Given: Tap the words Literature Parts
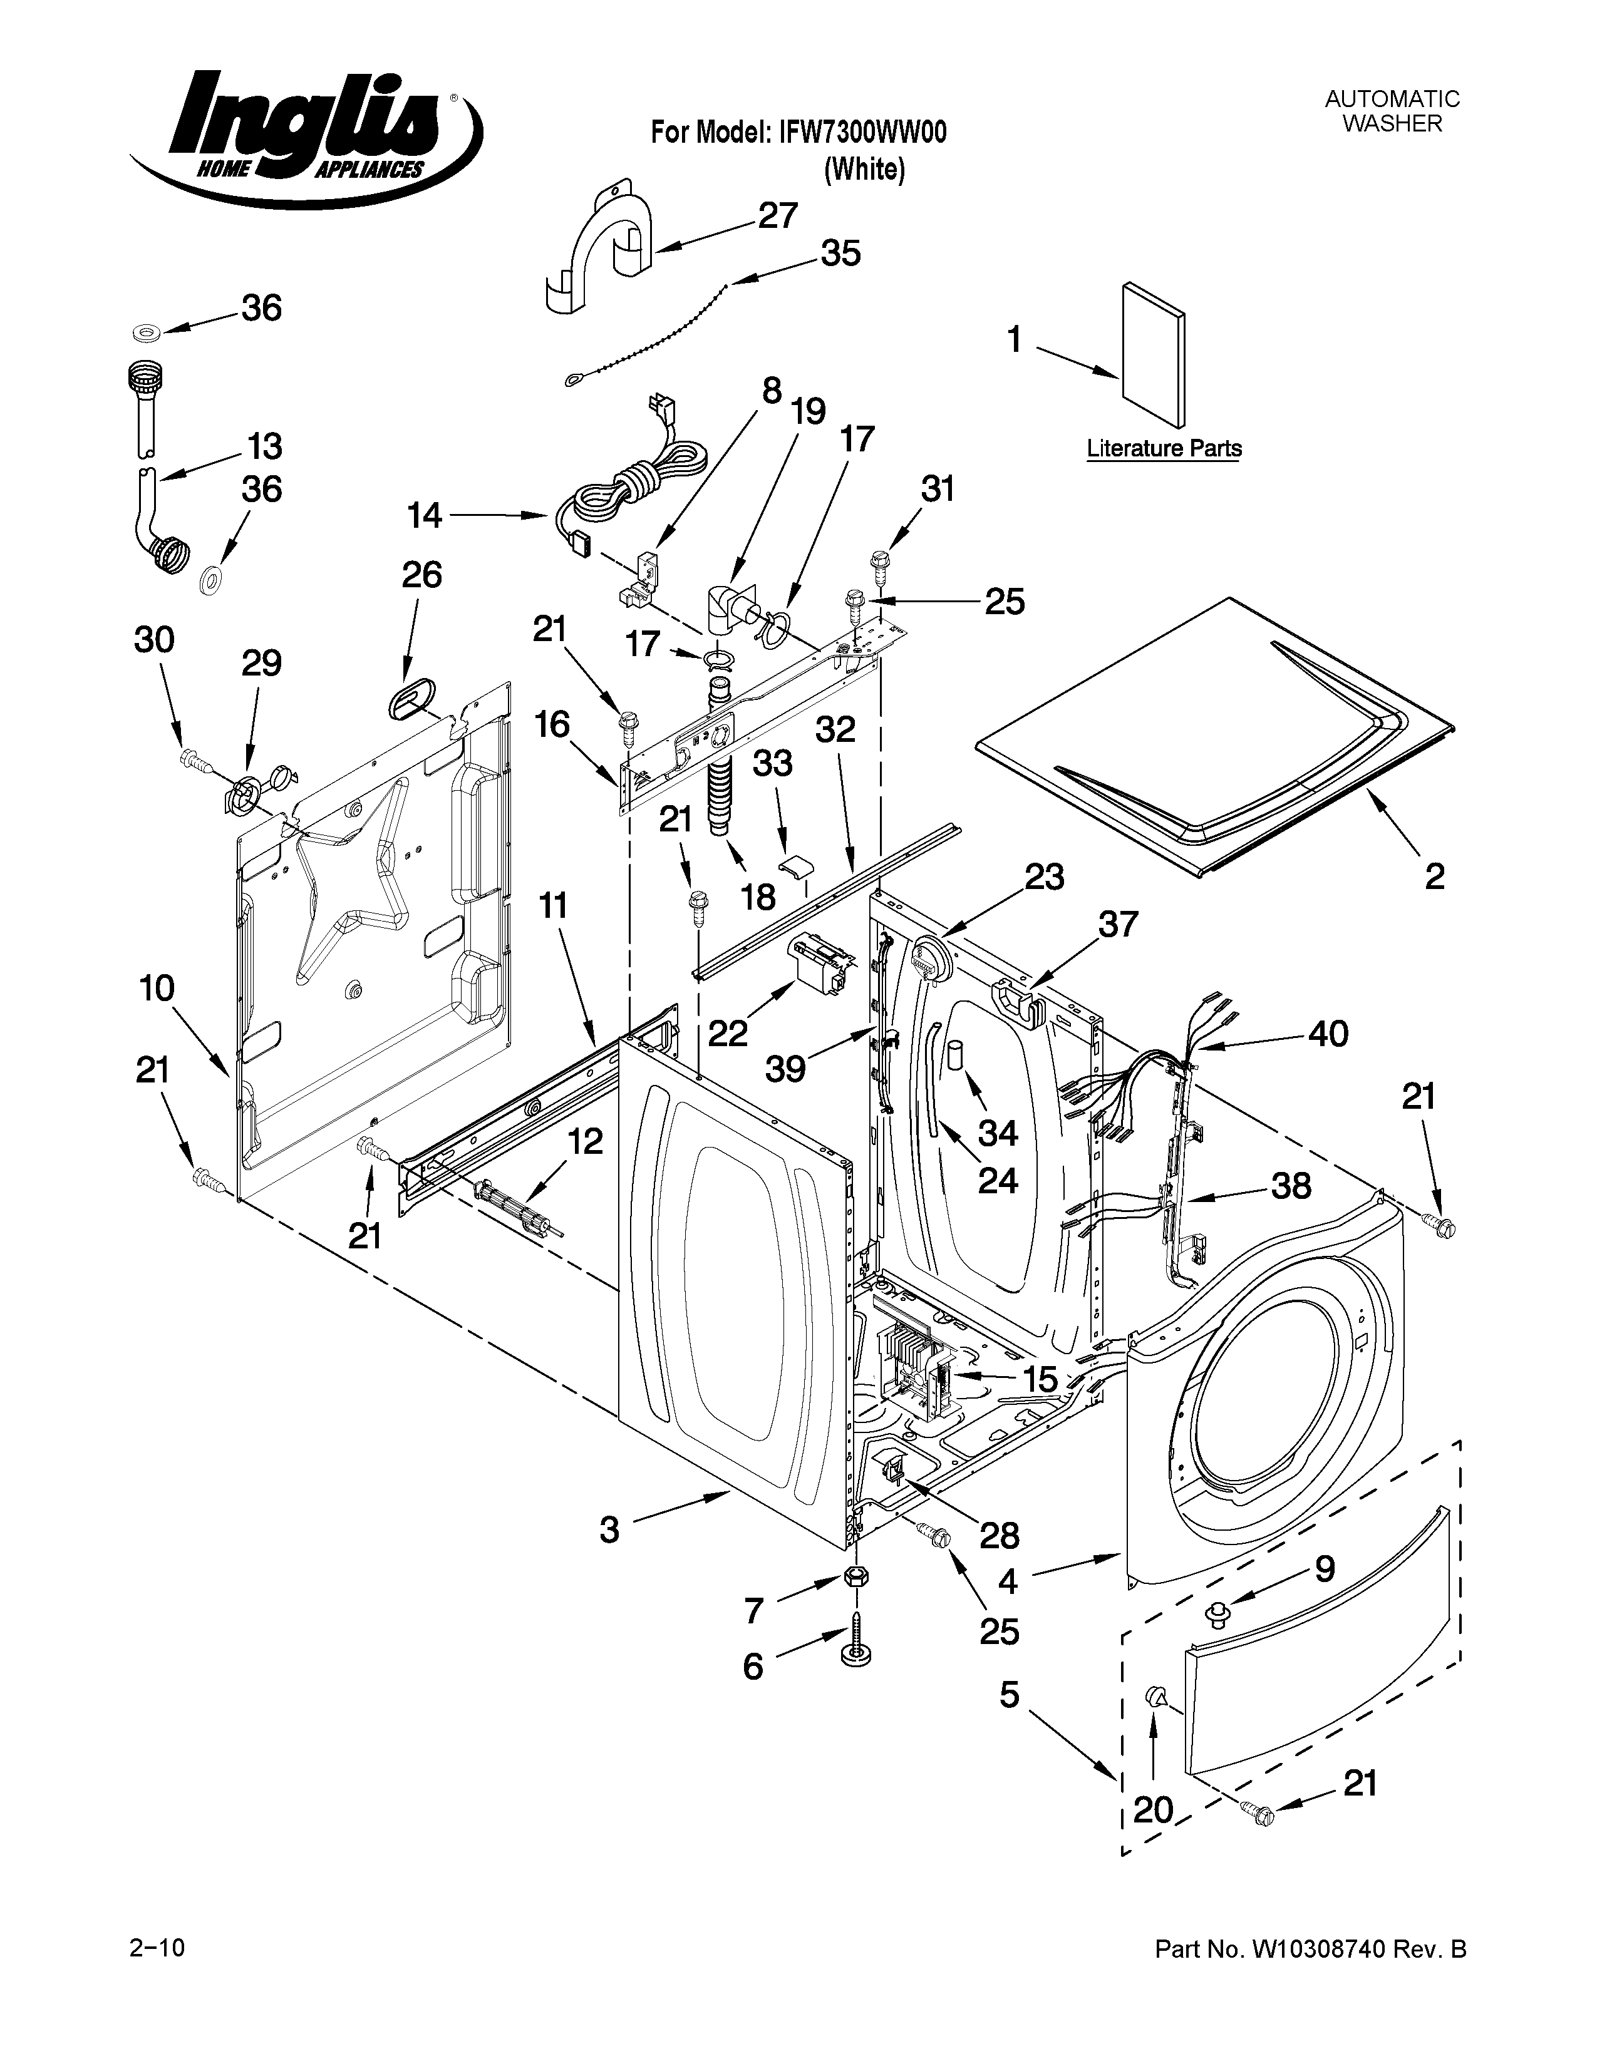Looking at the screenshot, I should (x=1164, y=448).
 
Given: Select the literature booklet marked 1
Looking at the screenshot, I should (x=1152, y=355).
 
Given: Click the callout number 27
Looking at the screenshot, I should (x=778, y=217).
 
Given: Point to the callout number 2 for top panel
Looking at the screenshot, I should (x=1434, y=877).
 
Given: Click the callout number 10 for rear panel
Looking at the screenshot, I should (x=157, y=989).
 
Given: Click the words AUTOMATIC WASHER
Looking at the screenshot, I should (x=1392, y=111).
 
